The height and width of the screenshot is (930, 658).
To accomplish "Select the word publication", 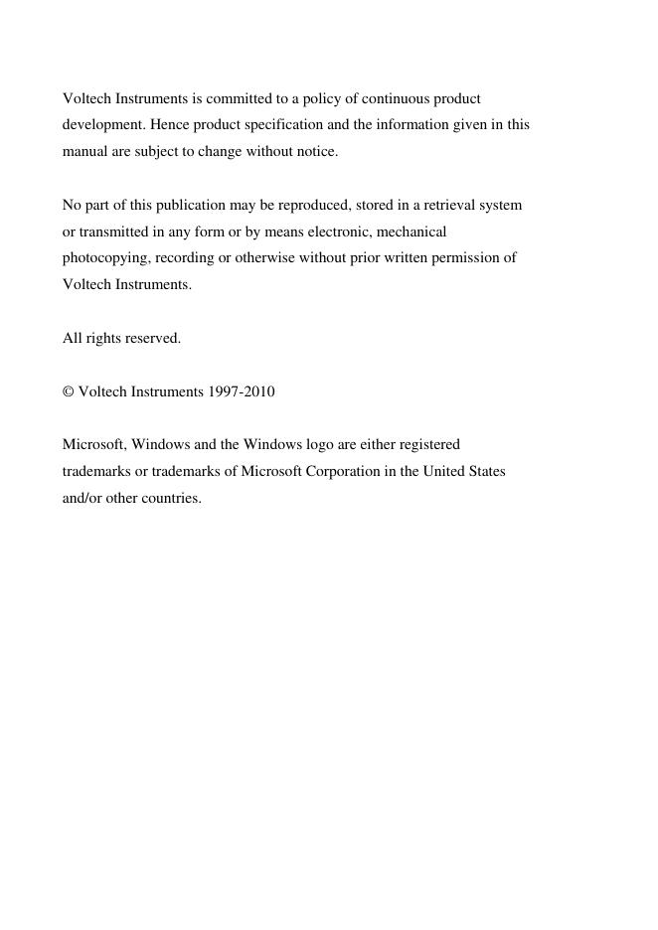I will (176, 206).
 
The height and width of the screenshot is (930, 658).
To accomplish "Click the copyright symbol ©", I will (69, 391).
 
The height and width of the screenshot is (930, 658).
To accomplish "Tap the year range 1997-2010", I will (242, 391).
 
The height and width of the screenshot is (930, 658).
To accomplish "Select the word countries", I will (171, 498).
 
